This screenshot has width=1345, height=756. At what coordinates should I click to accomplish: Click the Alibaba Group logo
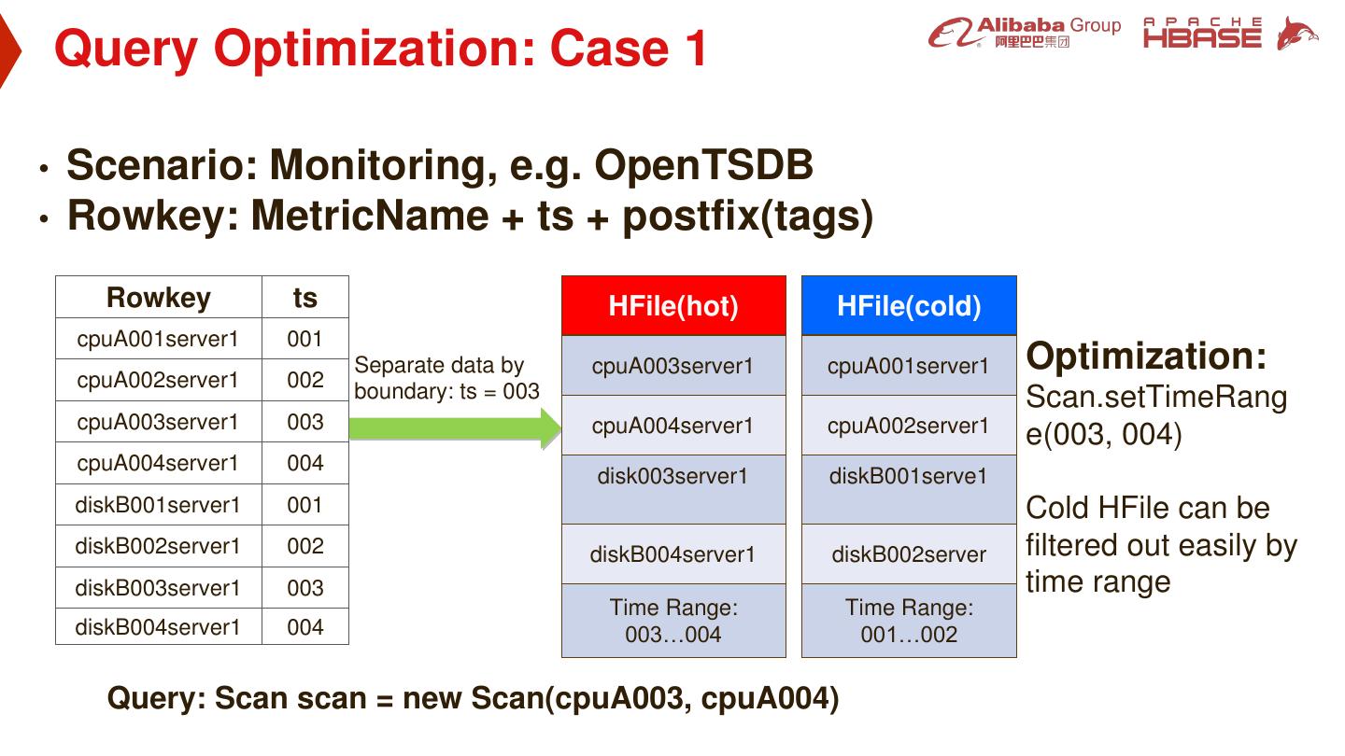(x=1024, y=34)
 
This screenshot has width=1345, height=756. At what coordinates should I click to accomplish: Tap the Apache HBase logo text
(x=1202, y=34)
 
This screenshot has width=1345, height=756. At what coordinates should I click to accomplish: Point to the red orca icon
(x=1296, y=34)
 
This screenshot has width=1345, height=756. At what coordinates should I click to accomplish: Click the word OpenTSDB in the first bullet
(x=703, y=166)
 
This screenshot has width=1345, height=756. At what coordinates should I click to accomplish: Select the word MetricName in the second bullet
(x=370, y=216)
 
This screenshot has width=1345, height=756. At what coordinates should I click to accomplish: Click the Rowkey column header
(x=159, y=298)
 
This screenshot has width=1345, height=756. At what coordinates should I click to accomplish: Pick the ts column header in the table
(x=305, y=298)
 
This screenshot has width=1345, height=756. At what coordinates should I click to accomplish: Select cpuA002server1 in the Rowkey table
(x=158, y=381)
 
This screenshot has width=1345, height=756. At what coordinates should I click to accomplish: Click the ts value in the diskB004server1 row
(x=305, y=627)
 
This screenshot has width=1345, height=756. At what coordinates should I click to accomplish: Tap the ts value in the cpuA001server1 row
(x=305, y=340)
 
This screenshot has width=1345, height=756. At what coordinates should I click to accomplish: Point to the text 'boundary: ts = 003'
(x=446, y=391)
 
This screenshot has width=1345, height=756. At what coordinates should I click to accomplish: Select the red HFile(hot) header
(x=673, y=306)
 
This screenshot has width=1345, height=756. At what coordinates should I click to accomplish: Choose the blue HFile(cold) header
(x=909, y=306)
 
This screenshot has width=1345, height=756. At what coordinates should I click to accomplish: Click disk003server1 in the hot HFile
(x=672, y=477)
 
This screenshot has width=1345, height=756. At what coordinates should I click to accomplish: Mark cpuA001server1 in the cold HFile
(x=908, y=366)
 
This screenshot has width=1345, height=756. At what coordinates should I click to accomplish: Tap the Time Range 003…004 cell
(x=673, y=622)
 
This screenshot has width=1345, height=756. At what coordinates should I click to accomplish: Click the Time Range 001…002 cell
(x=909, y=622)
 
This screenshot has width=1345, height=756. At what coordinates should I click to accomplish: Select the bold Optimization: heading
(x=1147, y=357)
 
